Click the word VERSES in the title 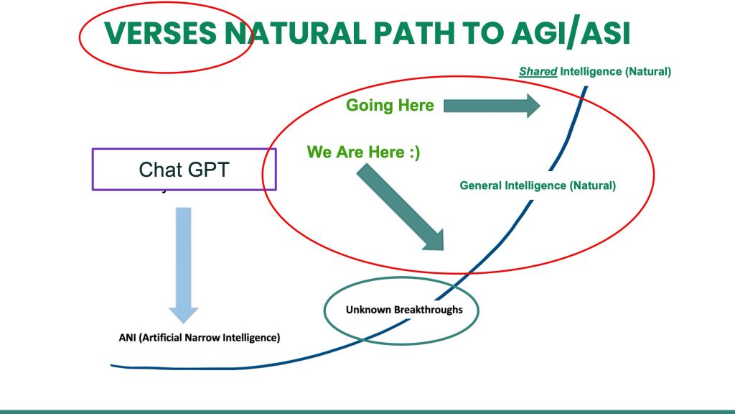coord(161,33)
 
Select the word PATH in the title coord(418,33)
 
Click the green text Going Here coord(390,106)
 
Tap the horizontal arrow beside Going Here coord(492,106)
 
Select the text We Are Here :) coord(363,152)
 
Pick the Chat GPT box coord(184,170)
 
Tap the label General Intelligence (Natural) coord(538,185)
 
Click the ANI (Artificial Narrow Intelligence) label coord(199,337)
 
